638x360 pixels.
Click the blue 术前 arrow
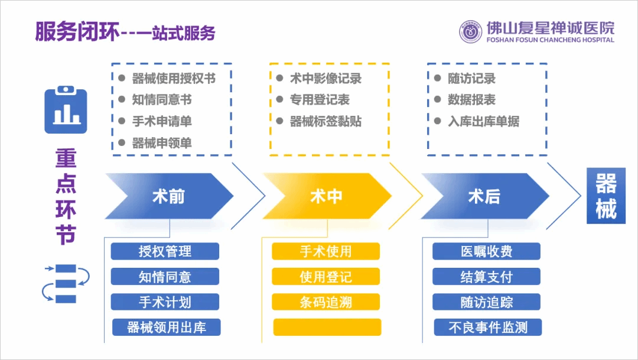168,196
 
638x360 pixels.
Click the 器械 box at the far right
606,196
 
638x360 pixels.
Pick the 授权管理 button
165,251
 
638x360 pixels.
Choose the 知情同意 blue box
165,277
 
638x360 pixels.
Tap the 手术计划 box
165,302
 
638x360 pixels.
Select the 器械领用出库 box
166,327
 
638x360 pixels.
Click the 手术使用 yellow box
325,251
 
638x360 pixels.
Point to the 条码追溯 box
325,302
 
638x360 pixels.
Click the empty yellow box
327,327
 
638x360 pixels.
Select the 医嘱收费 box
486,251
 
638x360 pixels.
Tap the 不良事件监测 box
487,327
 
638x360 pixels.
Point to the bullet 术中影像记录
325,79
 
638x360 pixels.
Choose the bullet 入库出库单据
483,121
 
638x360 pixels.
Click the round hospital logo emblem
471,32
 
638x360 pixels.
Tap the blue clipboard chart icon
66,110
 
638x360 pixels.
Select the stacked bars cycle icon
66,283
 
